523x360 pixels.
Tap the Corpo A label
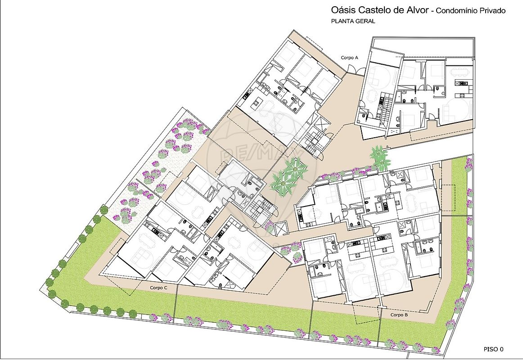tap(349, 58)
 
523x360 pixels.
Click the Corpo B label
tap(399, 315)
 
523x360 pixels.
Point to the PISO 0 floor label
tap(493, 349)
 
